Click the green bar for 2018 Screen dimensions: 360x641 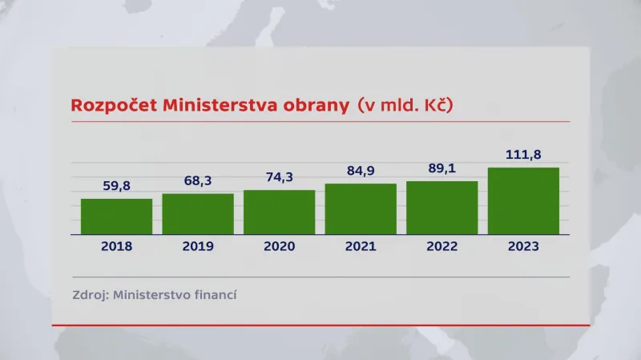(116, 216)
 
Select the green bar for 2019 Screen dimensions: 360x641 (198, 214)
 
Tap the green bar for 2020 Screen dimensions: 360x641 (280, 212)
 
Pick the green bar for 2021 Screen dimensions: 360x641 (361, 209)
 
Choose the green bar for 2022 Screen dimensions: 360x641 (442, 208)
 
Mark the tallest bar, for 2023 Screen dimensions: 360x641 (523, 201)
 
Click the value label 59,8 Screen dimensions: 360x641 (116, 186)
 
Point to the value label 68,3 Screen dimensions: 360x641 (198, 181)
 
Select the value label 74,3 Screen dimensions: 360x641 (280, 177)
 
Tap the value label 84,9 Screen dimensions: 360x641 (361, 171)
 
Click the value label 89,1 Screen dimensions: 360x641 (442, 168)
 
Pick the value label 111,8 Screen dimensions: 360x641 (523, 154)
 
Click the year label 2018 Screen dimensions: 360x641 (116, 246)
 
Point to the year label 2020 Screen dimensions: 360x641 (280, 246)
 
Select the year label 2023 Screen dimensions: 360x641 (523, 246)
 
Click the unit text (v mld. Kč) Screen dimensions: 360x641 (410, 106)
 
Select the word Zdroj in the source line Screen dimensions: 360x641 (88, 294)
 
